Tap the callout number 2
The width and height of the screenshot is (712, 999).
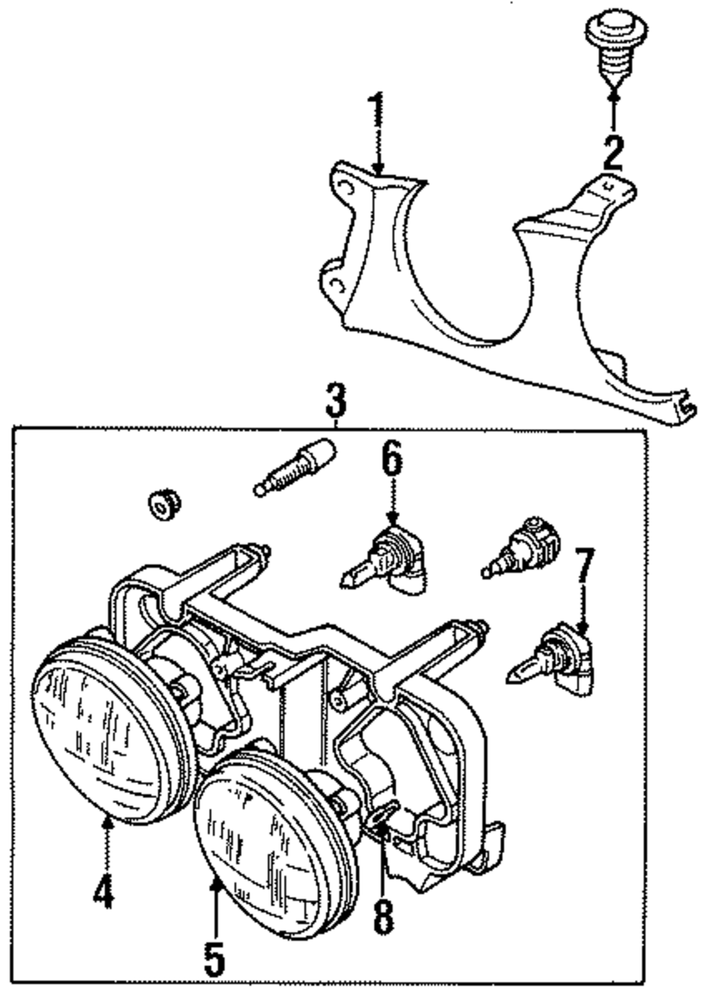click(612, 150)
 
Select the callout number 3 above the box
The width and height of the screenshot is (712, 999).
click(336, 400)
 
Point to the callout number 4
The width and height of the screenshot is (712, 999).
click(103, 890)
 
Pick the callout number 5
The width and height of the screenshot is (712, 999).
click(214, 958)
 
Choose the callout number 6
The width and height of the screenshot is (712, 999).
click(392, 459)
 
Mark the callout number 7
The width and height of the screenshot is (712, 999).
click(583, 566)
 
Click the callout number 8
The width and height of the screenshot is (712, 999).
click(383, 915)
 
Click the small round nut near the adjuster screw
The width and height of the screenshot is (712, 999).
click(163, 504)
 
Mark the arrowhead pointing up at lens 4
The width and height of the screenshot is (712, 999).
click(108, 822)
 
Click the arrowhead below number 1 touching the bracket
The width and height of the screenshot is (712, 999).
click(377, 170)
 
